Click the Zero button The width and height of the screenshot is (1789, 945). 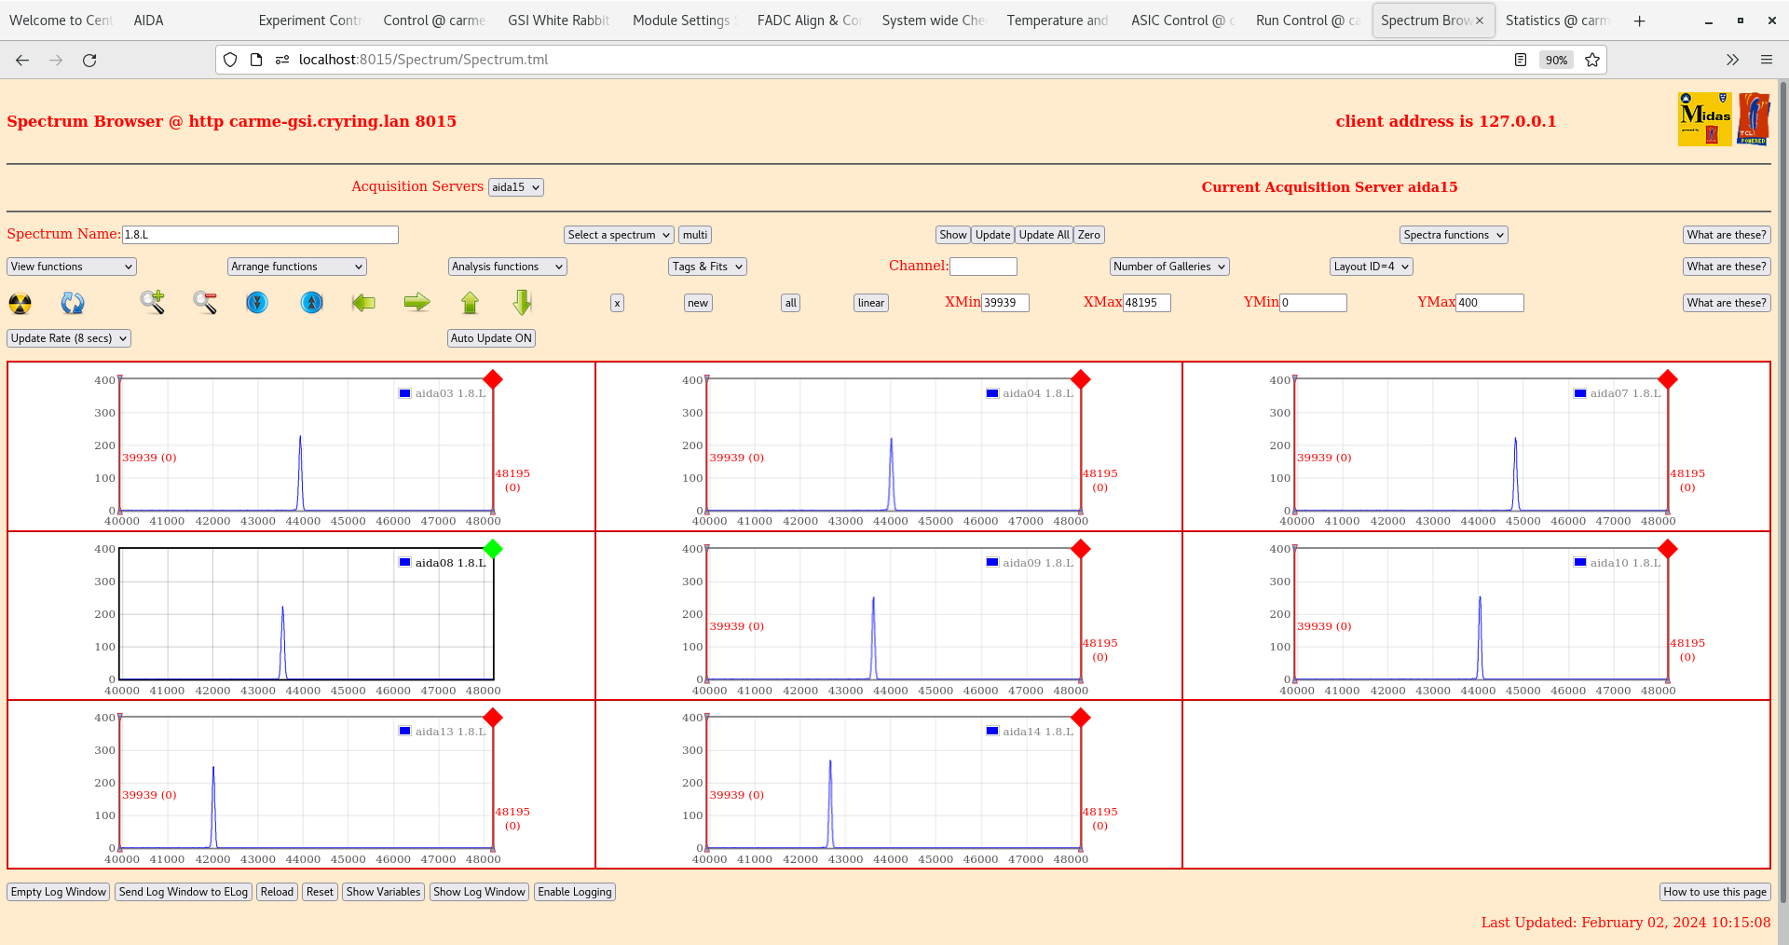[x=1089, y=235]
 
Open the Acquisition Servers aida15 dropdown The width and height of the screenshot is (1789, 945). [x=516, y=187]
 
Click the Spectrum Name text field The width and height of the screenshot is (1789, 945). [x=260, y=235]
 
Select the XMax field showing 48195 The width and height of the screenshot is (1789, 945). [x=1146, y=303]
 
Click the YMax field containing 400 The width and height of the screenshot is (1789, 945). [x=1489, y=303]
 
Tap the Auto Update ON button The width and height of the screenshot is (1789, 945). [x=491, y=338]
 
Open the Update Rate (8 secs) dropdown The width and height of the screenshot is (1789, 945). [x=69, y=338]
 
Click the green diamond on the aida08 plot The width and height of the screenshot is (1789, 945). [x=493, y=549]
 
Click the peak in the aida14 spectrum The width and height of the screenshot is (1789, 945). [x=830, y=762]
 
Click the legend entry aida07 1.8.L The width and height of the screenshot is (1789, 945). [x=1618, y=393]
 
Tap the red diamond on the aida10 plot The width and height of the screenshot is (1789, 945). [x=1668, y=549]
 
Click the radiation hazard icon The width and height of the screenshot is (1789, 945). [x=20, y=303]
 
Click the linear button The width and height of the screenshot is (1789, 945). [x=871, y=303]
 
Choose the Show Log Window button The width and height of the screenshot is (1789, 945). [x=479, y=892]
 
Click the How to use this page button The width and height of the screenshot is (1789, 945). [x=1715, y=892]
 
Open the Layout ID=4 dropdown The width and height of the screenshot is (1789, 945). [x=1372, y=267]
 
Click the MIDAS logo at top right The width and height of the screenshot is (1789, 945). [x=1704, y=119]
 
